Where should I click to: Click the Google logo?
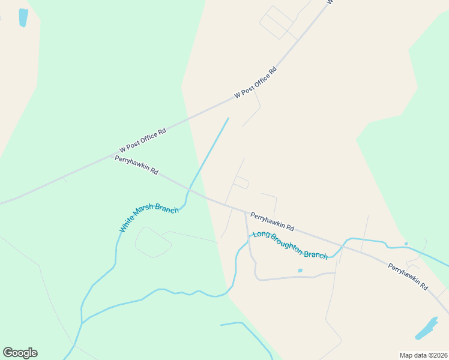coord(20,353)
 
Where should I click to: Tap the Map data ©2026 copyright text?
coord(423,355)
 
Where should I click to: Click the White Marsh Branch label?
coord(149,218)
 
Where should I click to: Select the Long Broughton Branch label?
coord(290,245)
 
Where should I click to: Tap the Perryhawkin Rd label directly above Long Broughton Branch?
coord(272,221)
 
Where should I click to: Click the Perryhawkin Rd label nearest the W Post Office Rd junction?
coord(136,164)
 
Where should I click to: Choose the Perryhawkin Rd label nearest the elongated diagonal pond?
coord(408,275)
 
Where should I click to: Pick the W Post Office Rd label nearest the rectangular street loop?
coord(256,82)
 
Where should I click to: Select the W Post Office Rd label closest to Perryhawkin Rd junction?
coord(142,140)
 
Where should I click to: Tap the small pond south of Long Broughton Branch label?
coord(300,271)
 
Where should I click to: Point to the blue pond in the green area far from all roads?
coord(23,17)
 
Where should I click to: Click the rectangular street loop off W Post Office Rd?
coord(276,23)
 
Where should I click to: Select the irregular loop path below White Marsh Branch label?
coord(152,242)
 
